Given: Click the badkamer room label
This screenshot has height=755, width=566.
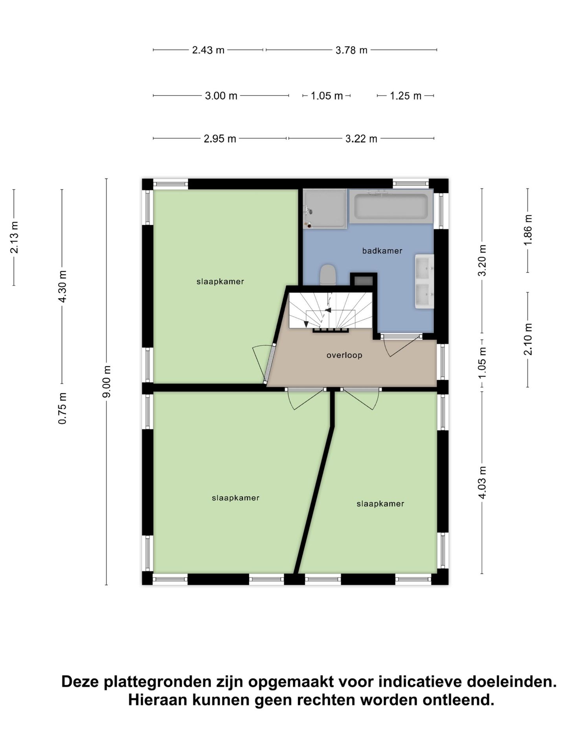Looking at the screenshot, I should (382, 251).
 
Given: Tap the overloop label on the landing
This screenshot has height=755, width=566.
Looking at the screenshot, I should (344, 355).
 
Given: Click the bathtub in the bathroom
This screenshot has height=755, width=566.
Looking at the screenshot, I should (391, 206).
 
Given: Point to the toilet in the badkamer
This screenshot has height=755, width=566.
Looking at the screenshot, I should (328, 274).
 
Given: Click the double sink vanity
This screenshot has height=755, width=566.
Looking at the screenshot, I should (424, 282).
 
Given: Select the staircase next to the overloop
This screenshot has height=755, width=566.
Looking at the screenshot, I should (330, 311).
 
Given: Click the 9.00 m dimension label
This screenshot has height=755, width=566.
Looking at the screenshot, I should (107, 381).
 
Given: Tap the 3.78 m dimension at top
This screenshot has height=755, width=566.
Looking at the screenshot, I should (351, 50).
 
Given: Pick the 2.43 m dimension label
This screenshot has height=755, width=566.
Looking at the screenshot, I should (208, 50).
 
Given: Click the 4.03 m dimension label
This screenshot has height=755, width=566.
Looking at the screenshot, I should (483, 482).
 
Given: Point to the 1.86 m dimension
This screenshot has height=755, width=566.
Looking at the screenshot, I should (528, 230).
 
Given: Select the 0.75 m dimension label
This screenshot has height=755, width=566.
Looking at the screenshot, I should (62, 408).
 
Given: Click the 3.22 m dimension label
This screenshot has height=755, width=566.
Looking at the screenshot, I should (361, 139).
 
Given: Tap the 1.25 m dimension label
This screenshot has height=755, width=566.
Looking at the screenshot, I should (405, 96).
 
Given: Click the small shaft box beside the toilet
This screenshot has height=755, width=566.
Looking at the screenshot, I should (364, 281).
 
